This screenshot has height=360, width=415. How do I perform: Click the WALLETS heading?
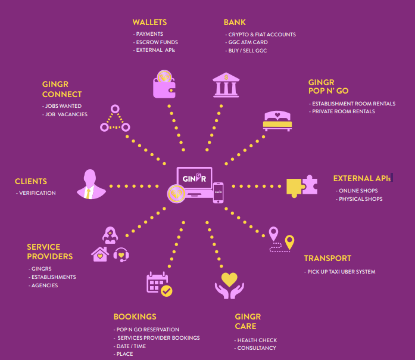tap(149, 22)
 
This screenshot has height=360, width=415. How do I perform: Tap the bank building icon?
tap(226, 85)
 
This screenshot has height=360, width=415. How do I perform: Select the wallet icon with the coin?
tap(164, 84)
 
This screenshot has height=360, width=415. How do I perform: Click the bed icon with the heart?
tap(277, 121)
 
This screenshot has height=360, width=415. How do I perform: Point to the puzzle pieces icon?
tap(302, 186)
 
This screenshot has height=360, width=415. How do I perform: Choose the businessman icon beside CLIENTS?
tap(91, 184)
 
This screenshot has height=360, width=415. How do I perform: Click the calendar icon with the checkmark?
tap(160, 284)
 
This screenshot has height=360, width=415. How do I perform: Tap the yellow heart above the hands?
tap(229, 280)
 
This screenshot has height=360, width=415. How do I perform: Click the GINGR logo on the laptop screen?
tap(194, 178)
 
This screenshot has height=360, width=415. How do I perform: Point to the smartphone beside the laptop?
tap(218, 193)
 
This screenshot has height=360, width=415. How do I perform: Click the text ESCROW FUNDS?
tap(157, 42)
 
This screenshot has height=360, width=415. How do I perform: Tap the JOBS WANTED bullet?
tap(62, 106)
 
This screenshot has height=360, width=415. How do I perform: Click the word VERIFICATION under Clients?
tap(38, 193)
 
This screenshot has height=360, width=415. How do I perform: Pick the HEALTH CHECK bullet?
tap(255, 340)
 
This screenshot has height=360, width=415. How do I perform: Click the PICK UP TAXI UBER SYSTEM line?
tap(339, 272)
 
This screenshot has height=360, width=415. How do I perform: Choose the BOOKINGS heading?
tap(135, 316)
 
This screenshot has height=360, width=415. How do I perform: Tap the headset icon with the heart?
tap(121, 255)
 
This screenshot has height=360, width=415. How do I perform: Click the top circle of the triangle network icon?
tap(115, 108)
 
